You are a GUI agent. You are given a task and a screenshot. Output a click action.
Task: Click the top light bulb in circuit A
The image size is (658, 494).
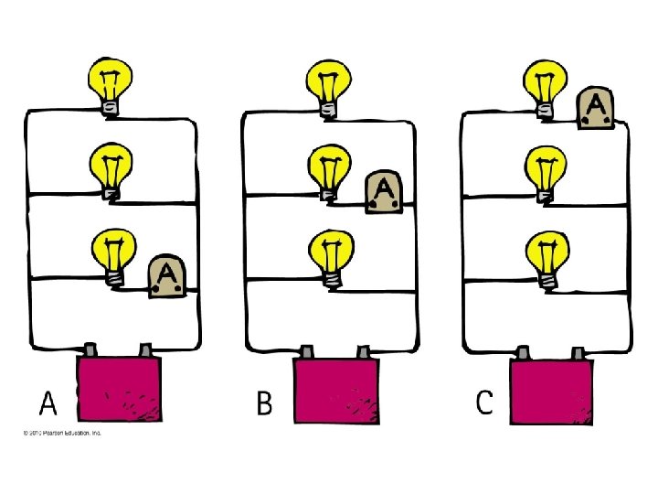(x=109, y=84)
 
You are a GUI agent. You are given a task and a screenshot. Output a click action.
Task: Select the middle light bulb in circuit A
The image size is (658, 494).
(x=110, y=171)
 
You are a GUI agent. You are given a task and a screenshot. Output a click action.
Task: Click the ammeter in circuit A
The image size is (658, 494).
(x=167, y=275)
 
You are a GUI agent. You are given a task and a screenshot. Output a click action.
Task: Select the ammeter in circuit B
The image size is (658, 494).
(x=384, y=192)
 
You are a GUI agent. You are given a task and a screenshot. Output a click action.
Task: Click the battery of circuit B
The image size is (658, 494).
(x=335, y=392)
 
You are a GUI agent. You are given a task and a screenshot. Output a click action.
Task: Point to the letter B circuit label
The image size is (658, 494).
(x=264, y=403)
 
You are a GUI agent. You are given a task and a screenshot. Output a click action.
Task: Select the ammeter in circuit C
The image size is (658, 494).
(x=595, y=109)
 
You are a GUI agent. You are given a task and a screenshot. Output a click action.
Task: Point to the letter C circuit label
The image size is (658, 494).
(x=484, y=403)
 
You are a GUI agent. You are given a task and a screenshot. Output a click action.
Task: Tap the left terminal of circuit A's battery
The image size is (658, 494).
(x=92, y=350)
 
